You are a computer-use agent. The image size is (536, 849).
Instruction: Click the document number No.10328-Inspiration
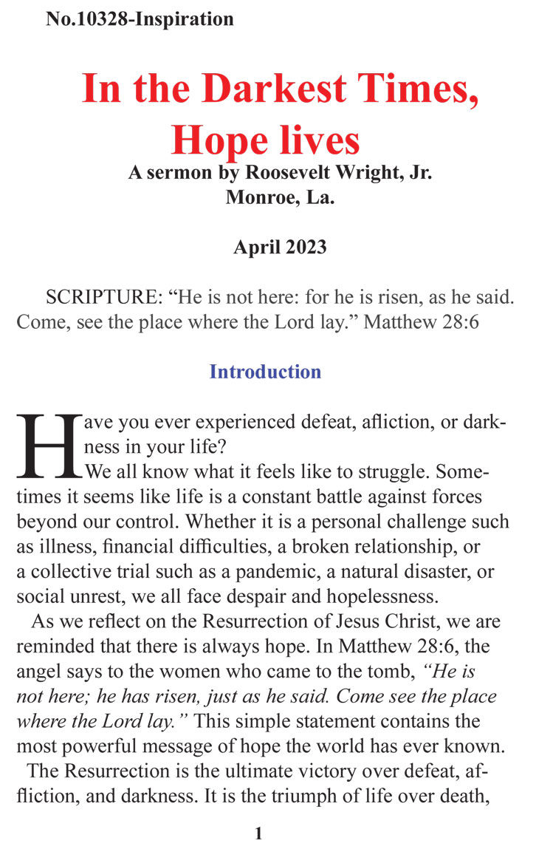tap(140, 19)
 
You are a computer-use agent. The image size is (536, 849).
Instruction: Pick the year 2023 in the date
tap(303, 248)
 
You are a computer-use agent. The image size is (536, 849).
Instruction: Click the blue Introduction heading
tap(265, 371)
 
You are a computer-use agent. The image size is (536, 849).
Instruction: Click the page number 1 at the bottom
tap(258, 833)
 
